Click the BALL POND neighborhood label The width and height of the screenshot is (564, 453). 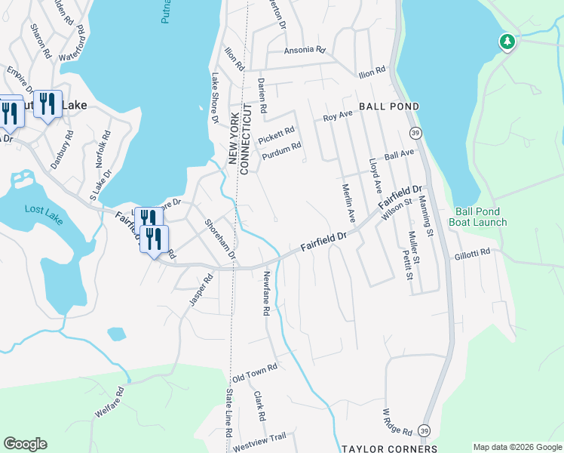click(388, 106)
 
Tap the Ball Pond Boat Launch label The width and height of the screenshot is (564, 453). click(481, 217)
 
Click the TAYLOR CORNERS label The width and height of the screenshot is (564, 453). click(379, 448)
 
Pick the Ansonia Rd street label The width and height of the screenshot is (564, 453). click(304, 51)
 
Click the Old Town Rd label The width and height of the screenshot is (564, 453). click(255, 371)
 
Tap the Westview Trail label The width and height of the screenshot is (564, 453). click(259, 437)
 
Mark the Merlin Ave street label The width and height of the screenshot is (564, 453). click(348, 203)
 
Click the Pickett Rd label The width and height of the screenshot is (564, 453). click(276, 136)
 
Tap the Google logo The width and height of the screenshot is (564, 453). click(25, 444)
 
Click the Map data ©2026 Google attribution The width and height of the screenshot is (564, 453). click(517, 448)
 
